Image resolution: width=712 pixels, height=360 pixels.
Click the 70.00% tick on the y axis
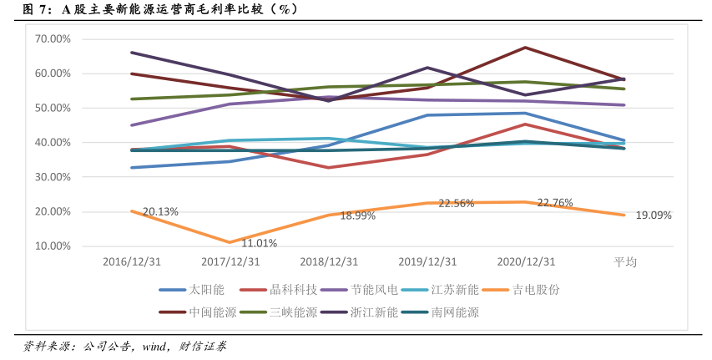(x=53, y=39)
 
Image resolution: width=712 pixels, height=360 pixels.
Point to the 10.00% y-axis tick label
(x=53, y=246)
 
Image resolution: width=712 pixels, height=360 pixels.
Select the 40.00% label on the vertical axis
(x=53, y=143)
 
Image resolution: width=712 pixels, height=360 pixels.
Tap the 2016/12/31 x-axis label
(x=132, y=261)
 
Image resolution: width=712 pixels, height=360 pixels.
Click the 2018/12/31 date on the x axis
(x=329, y=261)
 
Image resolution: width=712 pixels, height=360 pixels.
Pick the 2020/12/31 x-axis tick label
(x=526, y=261)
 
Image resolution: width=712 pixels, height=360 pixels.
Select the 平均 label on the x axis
(x=625, y=261)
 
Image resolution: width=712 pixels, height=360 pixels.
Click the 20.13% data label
(x=160, y=212)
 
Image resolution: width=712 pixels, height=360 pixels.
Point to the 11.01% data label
(x=259, y=243)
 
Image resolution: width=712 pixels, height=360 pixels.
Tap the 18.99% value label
(x=357, y=215)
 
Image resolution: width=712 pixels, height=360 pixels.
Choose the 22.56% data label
(x=457, y=203)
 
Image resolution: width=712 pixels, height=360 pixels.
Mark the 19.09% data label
(x=654, y=215)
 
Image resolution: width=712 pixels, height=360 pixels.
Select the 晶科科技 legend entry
(x=293, y=290)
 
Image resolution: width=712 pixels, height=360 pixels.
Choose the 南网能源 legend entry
(x=455, y=313)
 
